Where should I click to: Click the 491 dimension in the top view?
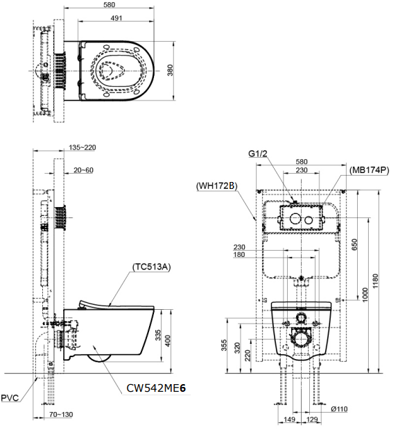click(116, 18)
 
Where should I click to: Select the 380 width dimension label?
click(170, 70)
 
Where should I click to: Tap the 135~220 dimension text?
click(83, 147)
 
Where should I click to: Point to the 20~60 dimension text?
click(83, 170)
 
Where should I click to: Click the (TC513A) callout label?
click(151, 267)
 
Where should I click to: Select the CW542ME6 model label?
click(156, 388)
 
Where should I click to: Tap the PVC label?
click(10, 398)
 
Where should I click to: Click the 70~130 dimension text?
click(61, 414)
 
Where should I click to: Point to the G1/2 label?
click(257, 154)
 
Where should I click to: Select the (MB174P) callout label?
click(369, 170)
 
